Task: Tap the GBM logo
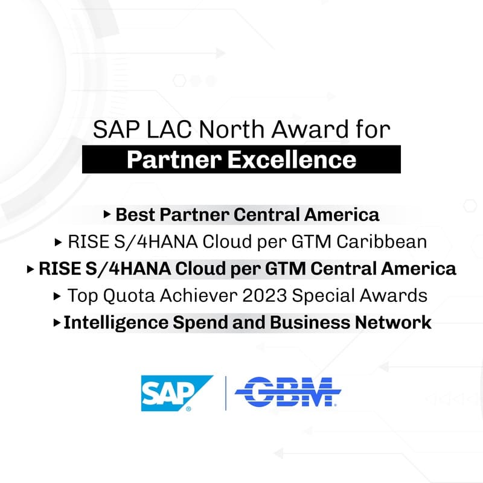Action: [288, 391]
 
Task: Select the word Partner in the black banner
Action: [174, 160]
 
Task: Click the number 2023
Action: [264, 296]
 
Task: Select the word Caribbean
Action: [382, 241]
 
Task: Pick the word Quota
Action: [129, 296]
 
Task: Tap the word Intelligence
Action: [116, 323]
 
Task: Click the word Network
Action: [393, 322]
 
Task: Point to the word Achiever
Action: [199, 296]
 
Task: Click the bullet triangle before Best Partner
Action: [107, 214]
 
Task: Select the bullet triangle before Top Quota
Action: [57, 296]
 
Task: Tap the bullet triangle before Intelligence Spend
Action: [57, 323]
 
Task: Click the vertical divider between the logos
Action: [226, 393]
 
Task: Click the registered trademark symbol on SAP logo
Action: [188, 409]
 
